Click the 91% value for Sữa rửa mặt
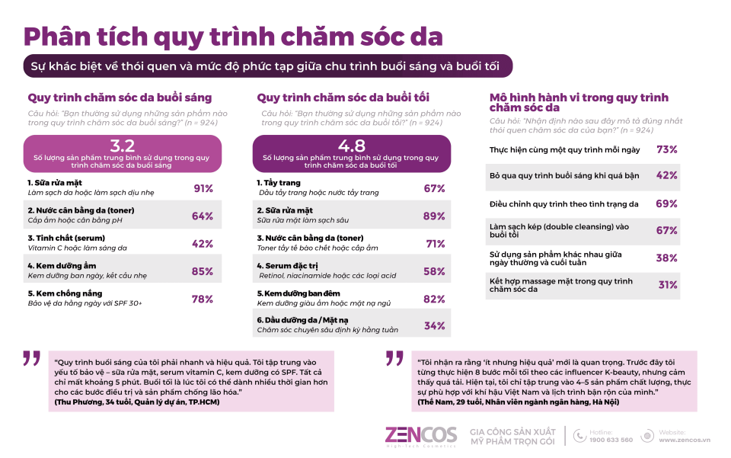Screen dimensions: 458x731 click(x=203, y=188)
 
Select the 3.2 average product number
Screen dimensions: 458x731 click(x=123, y=146)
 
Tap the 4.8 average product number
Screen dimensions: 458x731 click(x=351, y=146)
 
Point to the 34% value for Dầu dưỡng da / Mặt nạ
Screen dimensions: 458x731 click(x=434, y=325)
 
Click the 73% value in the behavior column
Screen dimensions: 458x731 click(x=666, y=149)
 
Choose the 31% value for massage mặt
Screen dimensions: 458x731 click(x=667, y=285)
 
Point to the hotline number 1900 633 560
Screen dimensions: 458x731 click(x=611, y=440)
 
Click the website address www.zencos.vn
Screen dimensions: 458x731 click(x=684, y=440)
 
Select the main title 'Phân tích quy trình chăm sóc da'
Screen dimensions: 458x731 click(x=233, y=36)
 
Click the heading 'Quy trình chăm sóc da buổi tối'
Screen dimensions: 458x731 click(x=343, y=98)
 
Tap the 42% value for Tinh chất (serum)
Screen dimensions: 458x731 click(x=203, y=244)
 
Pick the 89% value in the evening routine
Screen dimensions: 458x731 click(x=434, y=216)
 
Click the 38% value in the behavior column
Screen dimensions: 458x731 click(x=666, y=258)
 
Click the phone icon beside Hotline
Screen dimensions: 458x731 click(x=580, y=435)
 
